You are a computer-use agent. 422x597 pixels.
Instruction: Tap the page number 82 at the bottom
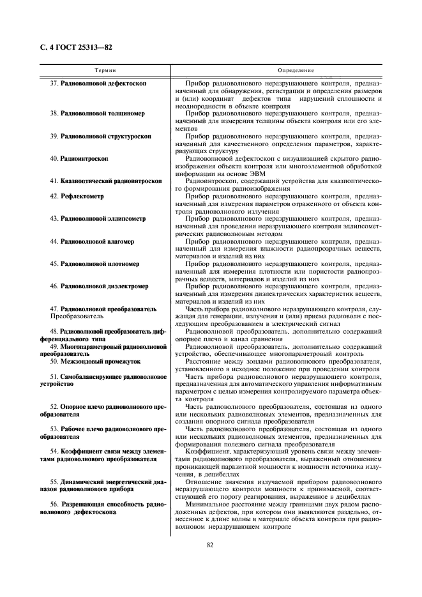(x=210, y=544)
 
